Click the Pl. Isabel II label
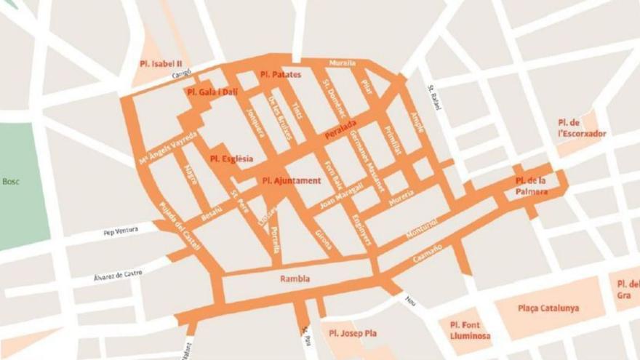(x=161, y=63)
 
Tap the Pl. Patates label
(x=281, y=74)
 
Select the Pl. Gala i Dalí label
(x=212, y=92)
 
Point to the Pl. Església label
(x=232, y=158)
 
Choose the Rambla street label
(x=295, y=279)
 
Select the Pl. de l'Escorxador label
(x=581, y=127)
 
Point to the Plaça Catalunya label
(x=548, y=308)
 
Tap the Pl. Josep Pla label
(x=353, y=333)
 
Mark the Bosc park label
(x=11, y=182)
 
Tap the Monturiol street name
(x=422, y=227)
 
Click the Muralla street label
(x=343, y=63)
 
